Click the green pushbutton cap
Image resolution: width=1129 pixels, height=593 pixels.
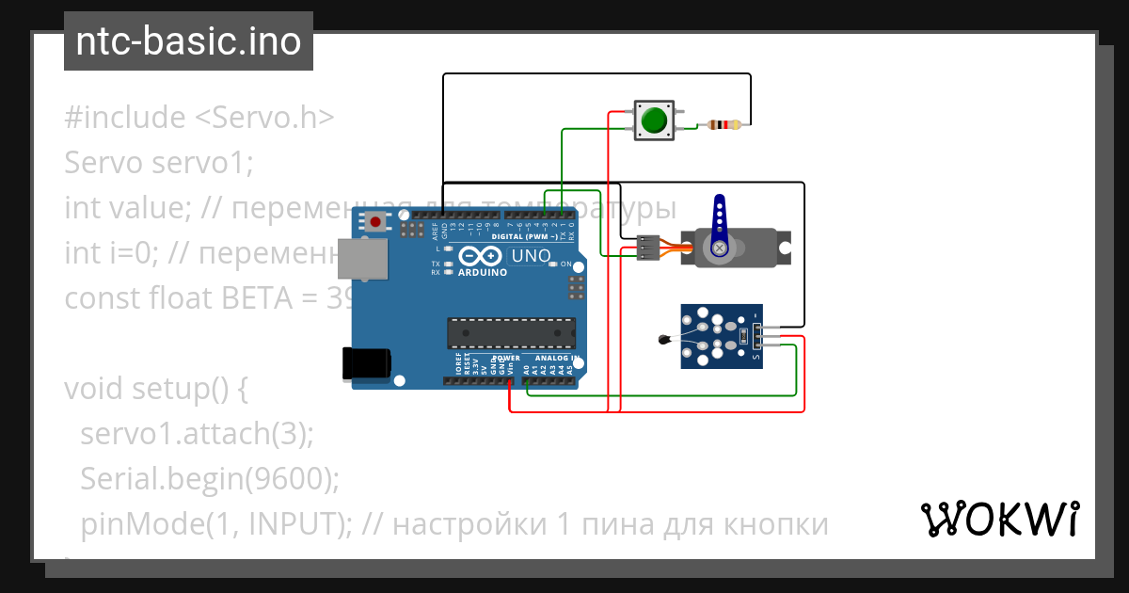653,120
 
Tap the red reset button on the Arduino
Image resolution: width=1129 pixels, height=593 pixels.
377,223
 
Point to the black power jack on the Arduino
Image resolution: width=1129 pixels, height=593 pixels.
366,362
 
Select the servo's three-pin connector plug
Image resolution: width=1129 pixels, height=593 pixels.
648,247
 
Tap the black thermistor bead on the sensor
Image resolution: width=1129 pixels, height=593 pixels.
665,340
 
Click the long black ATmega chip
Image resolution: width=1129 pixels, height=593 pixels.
511,332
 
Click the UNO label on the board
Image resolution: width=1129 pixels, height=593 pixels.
531,256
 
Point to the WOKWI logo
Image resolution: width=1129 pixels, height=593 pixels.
999,519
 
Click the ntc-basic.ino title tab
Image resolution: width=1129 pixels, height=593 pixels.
188,41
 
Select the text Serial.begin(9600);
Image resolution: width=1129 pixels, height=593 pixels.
209,479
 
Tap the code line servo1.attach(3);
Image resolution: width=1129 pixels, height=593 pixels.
197,434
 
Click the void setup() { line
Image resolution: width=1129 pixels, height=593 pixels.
156,389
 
